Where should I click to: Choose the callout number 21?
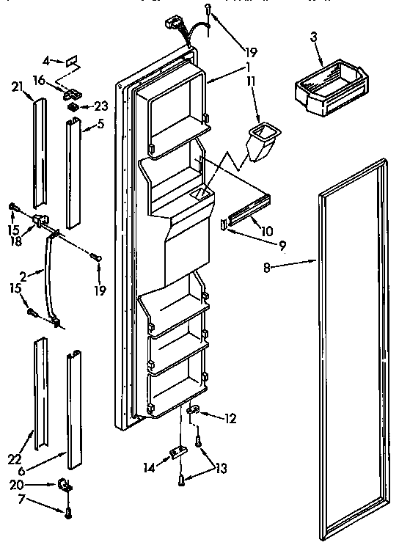[16, 86]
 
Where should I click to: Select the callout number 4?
[45, 59]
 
